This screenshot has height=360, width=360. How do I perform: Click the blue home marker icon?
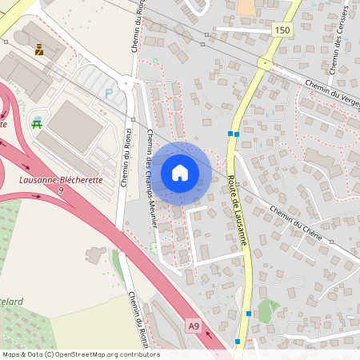pyautogui.click(x=180, y=173)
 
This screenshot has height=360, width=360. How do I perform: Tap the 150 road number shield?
pyautogui.click(x=281, y=30)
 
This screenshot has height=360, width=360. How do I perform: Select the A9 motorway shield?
pyautogui.click(x=194, y=326)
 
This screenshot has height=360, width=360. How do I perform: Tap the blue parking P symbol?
pyautogui.click(x=110, y=93)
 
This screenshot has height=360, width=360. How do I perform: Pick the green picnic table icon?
pyautogui.click(x=37, y=122)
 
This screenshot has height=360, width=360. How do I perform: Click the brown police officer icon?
pyautogui.click(x=38, y=50)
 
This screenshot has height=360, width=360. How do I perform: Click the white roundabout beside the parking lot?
pyautogui.click(x=126, y=82)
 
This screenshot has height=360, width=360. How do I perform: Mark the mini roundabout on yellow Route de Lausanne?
pyautogui.click(x=262, y=62)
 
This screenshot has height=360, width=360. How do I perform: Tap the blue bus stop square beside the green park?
pyautogui.click(x=249, y=314)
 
